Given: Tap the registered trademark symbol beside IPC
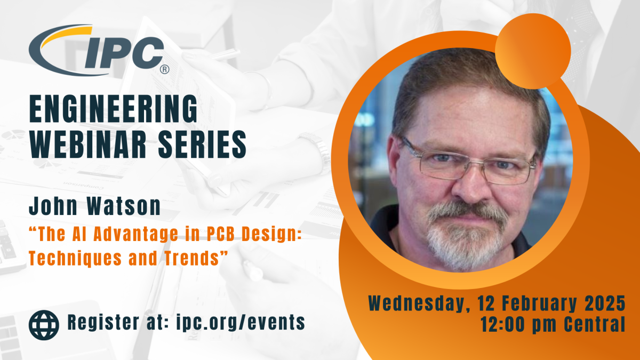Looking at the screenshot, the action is [x=164, y=69].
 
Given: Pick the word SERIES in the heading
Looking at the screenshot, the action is [x=202, y=145].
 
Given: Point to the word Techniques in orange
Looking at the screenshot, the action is [x=75, y=258].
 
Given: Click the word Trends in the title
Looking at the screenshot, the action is [x=192, y=258].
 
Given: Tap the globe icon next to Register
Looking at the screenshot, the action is [x=44, y=325].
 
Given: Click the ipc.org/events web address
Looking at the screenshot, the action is [x=241, y=322].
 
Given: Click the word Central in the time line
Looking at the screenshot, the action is [x=595, y=325].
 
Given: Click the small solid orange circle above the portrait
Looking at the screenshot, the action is [x=533, y=51].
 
